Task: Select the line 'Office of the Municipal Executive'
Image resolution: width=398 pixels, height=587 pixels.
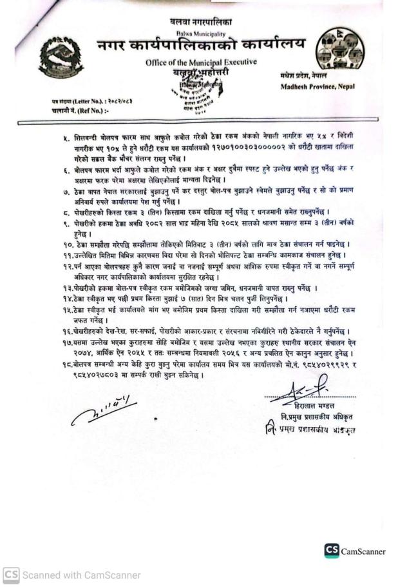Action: coord(200,62)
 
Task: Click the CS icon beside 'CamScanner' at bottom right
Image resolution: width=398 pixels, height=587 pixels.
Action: coord(332,551)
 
